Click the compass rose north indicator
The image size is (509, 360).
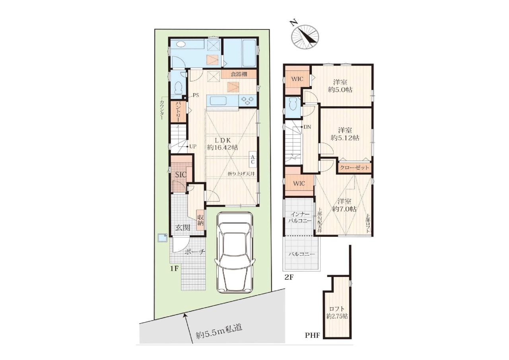[305, 36]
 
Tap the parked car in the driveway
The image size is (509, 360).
[235, 253]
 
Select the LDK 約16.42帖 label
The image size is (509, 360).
[223, 144]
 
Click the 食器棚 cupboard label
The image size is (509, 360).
[239, 74]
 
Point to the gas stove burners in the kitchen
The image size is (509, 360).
[247, 101]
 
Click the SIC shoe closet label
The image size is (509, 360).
[181, 175]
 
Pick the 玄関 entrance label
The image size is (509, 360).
[183, 228]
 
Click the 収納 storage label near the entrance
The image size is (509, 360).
[200, 220]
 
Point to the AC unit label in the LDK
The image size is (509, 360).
[253, 160]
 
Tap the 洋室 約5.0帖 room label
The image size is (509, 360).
[340, 86]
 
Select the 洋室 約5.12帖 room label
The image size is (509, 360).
[345, 134]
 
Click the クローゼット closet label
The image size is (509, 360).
[354, 168]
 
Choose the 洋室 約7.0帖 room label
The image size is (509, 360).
[344, 205]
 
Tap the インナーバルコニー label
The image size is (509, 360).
[300, 217]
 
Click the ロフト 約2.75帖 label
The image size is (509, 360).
[337, 313]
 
